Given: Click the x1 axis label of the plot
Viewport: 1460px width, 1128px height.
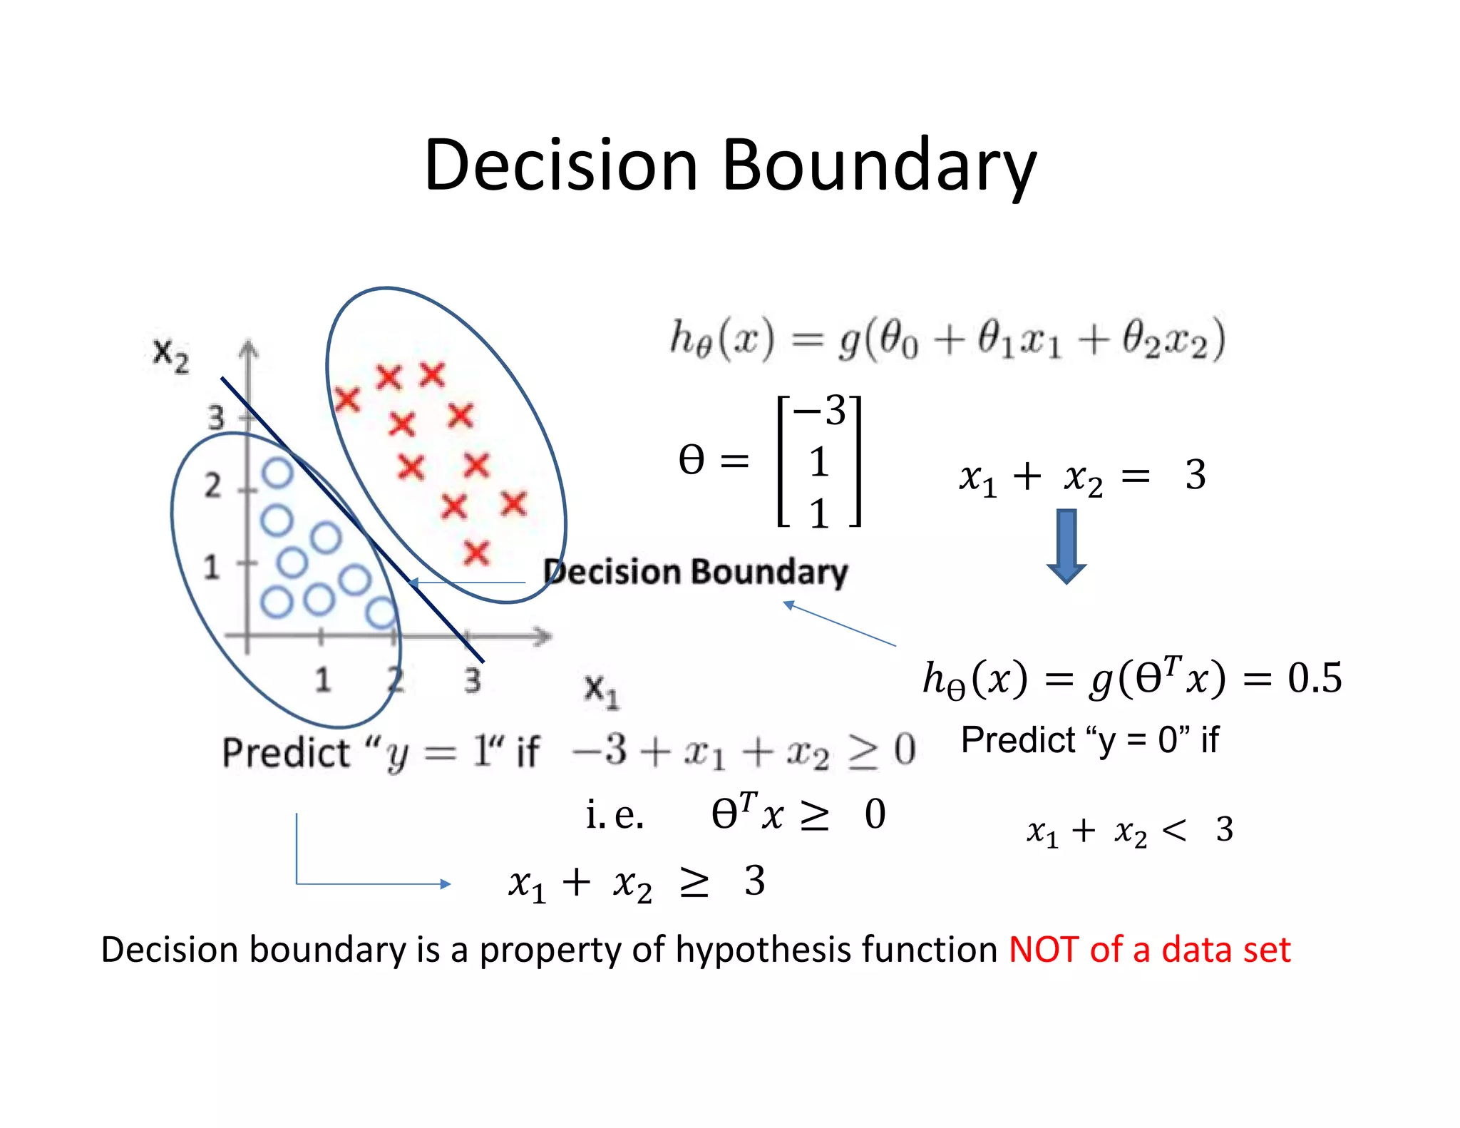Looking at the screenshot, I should pyautogui.click(x=601, y=690).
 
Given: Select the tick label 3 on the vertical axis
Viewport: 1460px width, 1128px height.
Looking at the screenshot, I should pyautogui.click(x=215, y=416).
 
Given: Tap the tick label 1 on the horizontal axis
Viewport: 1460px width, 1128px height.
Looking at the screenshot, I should pyautogui.click(x=322, y=679).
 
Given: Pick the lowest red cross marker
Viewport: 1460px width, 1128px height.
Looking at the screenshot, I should pyautogui.click(x=476, y=553).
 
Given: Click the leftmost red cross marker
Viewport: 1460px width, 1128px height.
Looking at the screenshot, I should pyautogui.click(x=347, y=399).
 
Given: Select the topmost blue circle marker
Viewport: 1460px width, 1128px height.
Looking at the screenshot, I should pyautogui.click(x=277, y=473).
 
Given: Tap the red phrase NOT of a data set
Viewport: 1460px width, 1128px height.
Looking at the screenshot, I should pyautogui.click(x=1149, y=950).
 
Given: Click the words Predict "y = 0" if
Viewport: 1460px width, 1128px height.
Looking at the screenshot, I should pyautogui.click(x=1089, y=739).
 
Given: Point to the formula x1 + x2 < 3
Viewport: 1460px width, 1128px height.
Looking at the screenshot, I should pyautogui.click(x=1129, y=830).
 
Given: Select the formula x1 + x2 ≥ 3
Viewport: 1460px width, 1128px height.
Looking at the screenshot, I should pyautogui.click(x=636, y=882).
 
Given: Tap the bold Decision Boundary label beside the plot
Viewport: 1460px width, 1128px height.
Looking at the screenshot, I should pyautogui.click(x=696, y=572).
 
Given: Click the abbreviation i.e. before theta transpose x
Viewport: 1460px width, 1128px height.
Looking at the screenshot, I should pyautogui.click(x=615, y=814).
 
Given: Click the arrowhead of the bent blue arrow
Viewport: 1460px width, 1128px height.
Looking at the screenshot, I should pyautogui.click(x=446, y=884).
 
